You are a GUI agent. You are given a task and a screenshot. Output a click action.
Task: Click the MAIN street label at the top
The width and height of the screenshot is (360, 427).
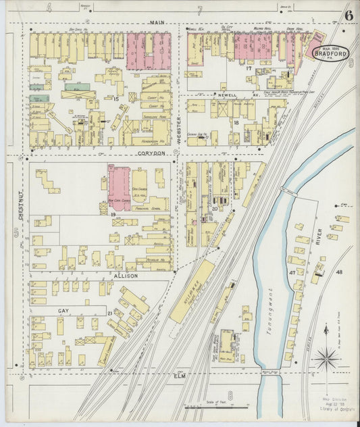(x=157, y=22)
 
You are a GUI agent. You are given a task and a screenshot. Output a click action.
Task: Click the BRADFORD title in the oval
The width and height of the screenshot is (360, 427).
(x=330, y=55)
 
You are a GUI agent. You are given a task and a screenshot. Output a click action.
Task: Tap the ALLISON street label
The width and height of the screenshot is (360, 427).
(x=126, y=276)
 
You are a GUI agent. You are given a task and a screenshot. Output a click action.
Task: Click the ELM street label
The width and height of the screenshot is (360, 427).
(x=180, y=374)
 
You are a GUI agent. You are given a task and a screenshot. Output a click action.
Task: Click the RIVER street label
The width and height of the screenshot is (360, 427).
(x=317, y=238)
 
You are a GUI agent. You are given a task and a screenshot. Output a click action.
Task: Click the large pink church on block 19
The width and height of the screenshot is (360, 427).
(x=120, y=187)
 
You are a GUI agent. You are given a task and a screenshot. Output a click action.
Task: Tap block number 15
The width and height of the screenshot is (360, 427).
(x=115, y=99)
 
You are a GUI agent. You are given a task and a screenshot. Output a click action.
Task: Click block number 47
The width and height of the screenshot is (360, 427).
(x=292, y=272)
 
